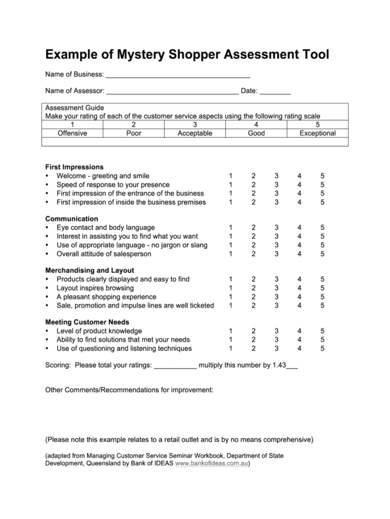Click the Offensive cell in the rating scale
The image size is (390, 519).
(x=73, y=133)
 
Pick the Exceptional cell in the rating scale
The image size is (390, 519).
(x=317, y=133)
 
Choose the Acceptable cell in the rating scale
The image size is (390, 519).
(x=195, y=133)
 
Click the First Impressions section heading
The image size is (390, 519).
(x=74, y=167)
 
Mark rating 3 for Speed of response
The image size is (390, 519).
(x=277, y=185)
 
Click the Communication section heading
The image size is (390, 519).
(x=71, y=219)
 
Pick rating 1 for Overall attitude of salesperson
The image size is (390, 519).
(x=230, y=254)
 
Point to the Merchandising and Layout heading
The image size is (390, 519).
(x=89, y=270)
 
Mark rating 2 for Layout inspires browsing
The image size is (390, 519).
(x=253, y=288)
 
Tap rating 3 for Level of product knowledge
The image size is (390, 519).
(x=277, y=331)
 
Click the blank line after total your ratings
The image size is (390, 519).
(x=176, y=366)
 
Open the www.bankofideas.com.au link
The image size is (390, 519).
(x=211, y=463)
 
